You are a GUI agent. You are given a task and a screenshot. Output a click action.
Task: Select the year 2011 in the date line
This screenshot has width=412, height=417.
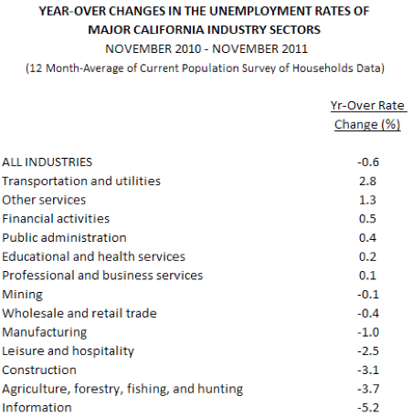tap(294, 49)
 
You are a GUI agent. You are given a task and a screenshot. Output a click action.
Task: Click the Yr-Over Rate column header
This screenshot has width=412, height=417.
tap(367, 106)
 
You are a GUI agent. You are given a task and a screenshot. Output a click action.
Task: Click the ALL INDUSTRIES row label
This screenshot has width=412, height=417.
tap(48, 162)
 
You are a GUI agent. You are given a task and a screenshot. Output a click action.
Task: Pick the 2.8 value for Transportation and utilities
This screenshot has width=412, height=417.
tap(367, 182)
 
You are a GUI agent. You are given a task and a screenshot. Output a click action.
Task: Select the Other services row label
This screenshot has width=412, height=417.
tap(44, 200)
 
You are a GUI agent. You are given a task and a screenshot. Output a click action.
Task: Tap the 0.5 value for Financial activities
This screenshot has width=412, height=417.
tap(367, 219)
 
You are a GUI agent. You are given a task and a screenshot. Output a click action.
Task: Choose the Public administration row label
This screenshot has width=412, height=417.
tap(64, 238)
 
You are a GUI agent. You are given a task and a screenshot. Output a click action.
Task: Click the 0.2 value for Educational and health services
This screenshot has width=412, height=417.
tap(367, 256)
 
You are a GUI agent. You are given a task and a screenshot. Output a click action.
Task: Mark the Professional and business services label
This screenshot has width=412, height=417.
tap(102, 276)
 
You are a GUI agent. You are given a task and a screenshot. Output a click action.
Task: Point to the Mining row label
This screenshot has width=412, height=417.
tap(23, 295)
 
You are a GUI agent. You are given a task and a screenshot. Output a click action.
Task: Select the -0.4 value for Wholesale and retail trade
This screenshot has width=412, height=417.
tap(368, 314)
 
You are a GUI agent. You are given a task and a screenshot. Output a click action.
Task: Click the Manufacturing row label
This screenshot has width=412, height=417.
tap(45, 332)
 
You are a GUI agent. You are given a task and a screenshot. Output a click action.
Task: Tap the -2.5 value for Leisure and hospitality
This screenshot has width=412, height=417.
tap(368, 351)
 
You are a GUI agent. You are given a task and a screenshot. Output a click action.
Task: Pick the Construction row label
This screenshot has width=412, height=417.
tap(39, 370)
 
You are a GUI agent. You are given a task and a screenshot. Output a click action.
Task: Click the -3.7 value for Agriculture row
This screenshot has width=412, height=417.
tap(368, 389)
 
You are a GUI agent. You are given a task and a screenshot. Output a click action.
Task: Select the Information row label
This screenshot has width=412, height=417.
tap(37, 408)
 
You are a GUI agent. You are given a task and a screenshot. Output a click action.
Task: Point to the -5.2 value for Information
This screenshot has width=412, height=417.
tap(368, 408)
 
